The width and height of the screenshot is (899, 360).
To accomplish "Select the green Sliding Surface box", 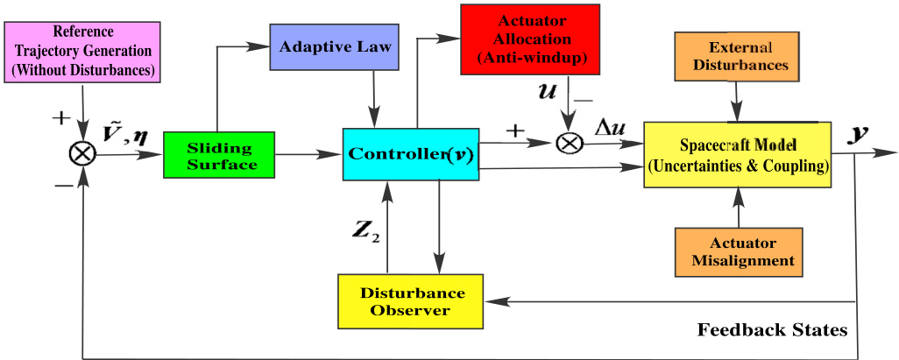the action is point(219,155).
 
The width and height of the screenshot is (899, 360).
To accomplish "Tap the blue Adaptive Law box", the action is point(334,47).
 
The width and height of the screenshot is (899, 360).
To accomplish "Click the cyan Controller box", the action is point(411,154).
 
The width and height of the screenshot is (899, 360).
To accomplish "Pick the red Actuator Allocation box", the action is point(530,39).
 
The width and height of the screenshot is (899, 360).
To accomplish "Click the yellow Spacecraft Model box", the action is point(737,154).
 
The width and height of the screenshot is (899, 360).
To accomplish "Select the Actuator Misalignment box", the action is point(738,251).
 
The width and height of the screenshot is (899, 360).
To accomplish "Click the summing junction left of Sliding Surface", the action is point(83,153).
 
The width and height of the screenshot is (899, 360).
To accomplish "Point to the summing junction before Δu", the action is point(569,143).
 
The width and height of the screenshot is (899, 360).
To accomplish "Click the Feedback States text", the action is point(772,330).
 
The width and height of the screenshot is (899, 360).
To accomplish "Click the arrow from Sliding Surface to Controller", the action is point(309,154).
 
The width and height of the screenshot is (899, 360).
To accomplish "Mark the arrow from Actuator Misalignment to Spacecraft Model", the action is point(738,208).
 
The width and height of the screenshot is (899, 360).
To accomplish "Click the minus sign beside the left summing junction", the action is point(63,187).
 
